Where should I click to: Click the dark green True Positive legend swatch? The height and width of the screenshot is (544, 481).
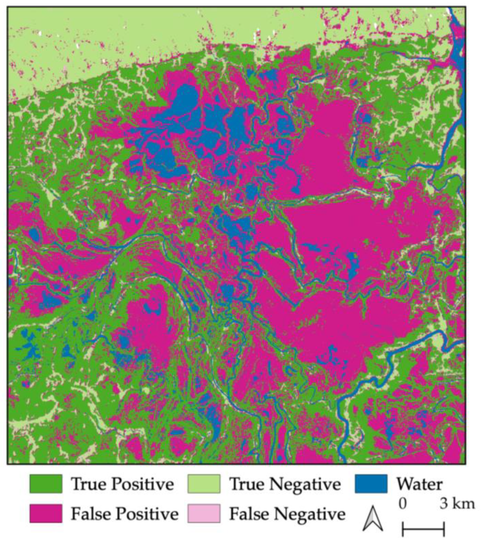point(46,484)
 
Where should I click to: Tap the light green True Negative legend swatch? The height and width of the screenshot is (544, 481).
point(204,484)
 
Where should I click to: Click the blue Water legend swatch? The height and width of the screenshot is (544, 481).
point(371,484)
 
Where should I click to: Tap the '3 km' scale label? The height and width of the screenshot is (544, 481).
point(457,504)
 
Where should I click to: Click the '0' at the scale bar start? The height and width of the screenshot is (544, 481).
point(403,504)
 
